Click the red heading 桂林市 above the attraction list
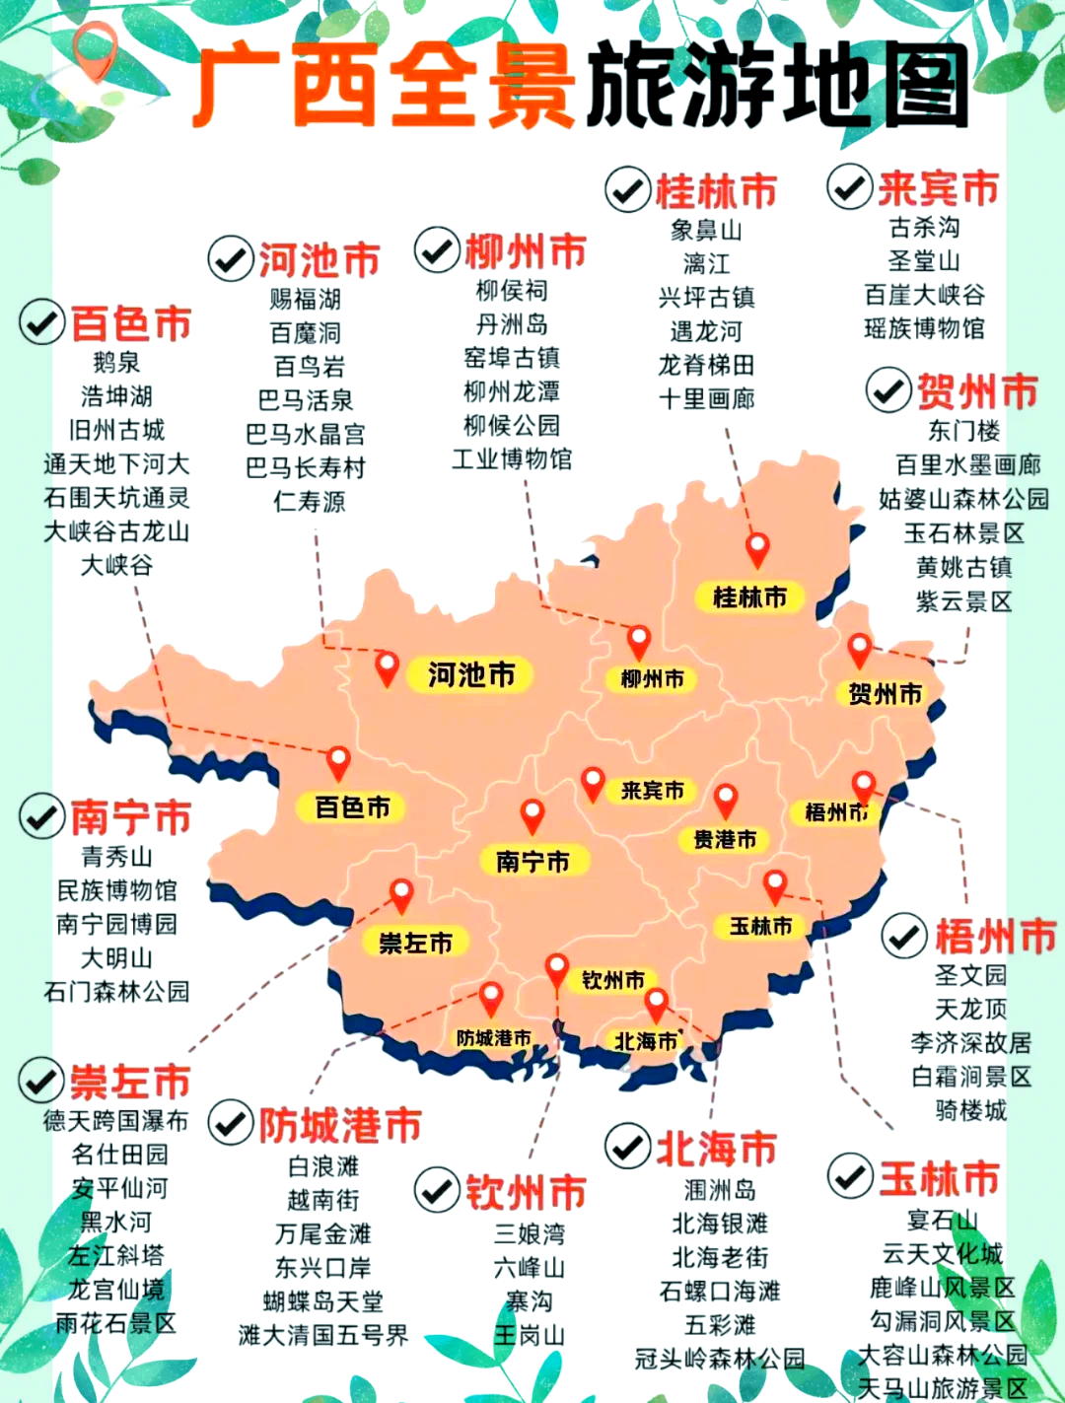coord(716,190)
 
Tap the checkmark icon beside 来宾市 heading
coord(849,186)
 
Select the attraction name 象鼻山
coord(706,231)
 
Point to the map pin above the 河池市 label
coord(387,667)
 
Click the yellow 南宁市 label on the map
coord(532,861)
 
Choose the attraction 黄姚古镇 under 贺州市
coord(963,568)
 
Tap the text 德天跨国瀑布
coord(115,1121)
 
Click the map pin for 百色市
coord(338,762)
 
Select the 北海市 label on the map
coord(646,1041)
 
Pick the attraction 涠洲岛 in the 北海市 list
coord(720,1190)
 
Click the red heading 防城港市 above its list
coord(340,1125)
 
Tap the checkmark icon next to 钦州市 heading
coord(437,1190)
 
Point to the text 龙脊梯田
coord(706,366)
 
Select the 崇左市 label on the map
coord(415,944)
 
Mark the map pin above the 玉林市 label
coord(775,884)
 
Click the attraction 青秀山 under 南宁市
coord(116,857)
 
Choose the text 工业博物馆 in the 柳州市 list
coord(512,459)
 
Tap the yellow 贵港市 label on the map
coord(725,840)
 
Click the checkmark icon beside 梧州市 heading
coord(903,936)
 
